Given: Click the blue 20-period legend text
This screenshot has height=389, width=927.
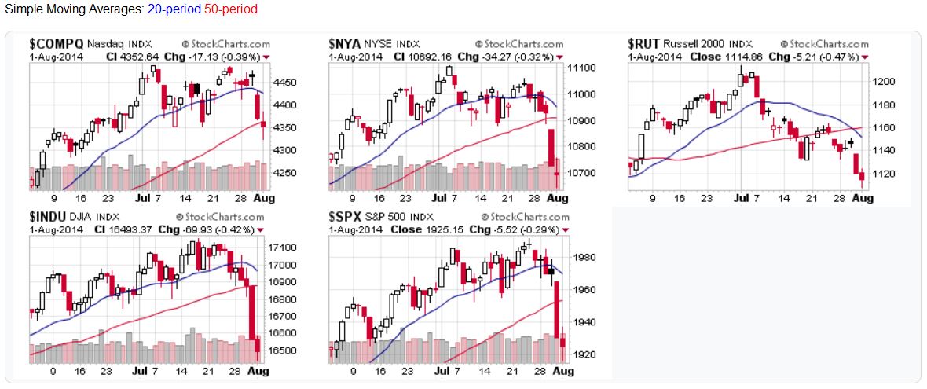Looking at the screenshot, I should (174, 10).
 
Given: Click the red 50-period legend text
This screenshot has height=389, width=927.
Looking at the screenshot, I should (230, 10).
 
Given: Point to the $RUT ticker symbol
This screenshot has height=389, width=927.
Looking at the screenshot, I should (643, 44).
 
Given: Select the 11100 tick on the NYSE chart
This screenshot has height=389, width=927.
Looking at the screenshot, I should (581, 69).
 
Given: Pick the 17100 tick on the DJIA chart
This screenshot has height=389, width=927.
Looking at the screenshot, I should (281, 248).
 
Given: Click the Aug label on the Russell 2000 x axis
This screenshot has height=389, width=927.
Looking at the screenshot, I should (863, 200).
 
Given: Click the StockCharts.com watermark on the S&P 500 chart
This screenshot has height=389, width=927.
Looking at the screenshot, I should (523, 216).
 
